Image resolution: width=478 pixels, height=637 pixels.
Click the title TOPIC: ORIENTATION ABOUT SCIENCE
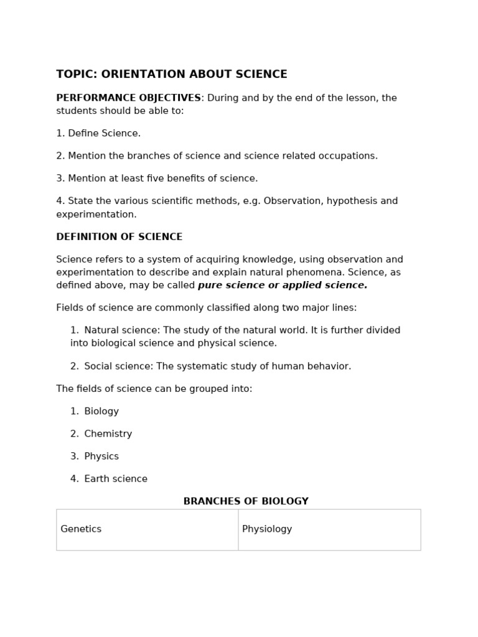(172, 75)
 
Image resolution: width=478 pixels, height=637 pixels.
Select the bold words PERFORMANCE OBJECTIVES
(128, 98)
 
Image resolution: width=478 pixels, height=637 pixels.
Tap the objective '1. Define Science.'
(98, 133)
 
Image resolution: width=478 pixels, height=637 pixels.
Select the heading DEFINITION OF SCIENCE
(119, 237)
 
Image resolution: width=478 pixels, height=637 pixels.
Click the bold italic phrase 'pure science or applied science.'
(283, 286)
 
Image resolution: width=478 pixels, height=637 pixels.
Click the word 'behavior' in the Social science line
(330, 366)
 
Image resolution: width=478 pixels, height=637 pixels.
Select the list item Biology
(101, 411)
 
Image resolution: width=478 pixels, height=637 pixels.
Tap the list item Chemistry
(108, 434)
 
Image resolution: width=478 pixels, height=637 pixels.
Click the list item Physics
(101, 457)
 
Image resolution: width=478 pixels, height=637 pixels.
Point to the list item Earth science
(116, 479)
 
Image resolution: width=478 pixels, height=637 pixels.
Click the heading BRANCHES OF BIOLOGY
(246, 501)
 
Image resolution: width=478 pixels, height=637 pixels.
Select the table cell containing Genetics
(147, 529)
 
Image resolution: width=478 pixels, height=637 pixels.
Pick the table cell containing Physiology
(329, 529)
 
